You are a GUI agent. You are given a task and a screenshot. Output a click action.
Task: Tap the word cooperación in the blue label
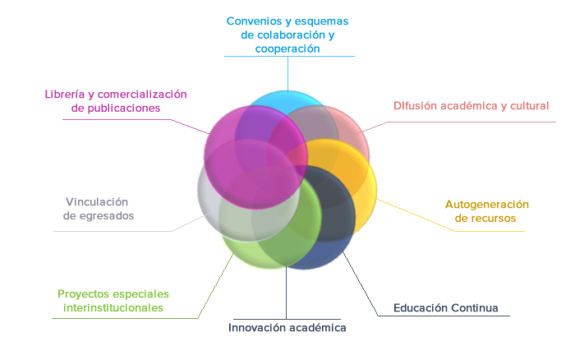pos(287,48)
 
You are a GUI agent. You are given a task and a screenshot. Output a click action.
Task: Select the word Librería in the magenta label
pos(65,95)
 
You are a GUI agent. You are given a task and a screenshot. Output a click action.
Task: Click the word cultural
pos(530,106)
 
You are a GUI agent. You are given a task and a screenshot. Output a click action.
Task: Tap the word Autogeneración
pos(487,205)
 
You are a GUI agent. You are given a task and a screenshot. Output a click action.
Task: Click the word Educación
pos(421,307)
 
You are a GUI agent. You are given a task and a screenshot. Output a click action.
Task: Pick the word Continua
pos(475,307)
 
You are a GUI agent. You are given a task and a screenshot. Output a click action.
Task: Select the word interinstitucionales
pos(113,307)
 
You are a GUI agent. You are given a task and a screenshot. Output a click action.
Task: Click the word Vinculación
pos(97,202)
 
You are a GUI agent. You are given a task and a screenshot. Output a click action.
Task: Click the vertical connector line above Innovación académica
pos(286,293)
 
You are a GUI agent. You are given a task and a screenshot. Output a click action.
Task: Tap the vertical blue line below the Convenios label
pos(287,76)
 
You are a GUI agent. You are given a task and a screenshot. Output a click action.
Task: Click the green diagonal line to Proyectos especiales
pos(215,286)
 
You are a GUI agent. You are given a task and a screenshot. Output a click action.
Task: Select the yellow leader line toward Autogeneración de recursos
pos(413,214)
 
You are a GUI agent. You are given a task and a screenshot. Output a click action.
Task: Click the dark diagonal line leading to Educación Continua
pos(360,283)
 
